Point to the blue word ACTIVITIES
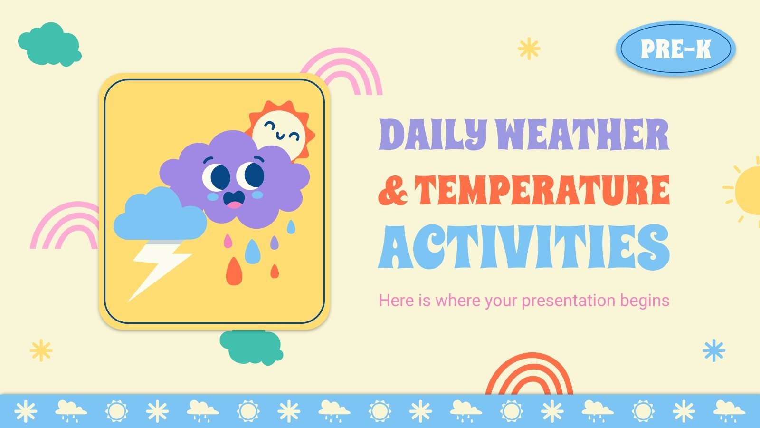[523, 247]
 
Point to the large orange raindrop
[233, 272]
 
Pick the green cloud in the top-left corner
[49, 44]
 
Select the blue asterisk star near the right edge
[713, 350]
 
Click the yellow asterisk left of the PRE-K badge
[529, 49]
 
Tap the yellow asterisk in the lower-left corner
[41, 350]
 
